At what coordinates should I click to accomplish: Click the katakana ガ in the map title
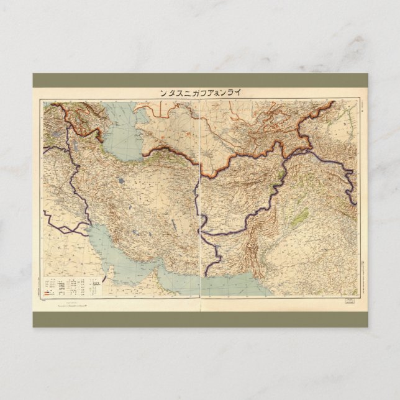click(x=202, y=93)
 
